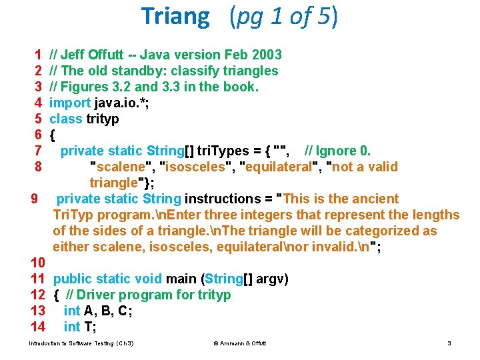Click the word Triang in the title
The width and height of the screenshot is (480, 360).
coord(175,17)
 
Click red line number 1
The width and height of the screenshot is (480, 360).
coord(38,55)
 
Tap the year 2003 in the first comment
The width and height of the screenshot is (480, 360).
coord(267,55)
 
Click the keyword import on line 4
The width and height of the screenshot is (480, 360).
coord(70,103)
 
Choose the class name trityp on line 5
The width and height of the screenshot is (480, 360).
coord(103,119)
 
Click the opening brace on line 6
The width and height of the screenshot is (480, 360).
coord(53,135)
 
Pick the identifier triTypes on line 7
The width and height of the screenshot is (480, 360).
coord(223,151)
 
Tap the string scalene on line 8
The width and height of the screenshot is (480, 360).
coord(121,167)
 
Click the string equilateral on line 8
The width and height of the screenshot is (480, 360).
coord(279,167)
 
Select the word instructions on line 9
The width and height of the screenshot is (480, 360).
coord(223,199)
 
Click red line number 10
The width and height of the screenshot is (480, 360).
coord(38,263)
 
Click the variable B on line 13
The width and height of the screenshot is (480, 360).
coord(105,311)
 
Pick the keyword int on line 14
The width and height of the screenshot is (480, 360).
coord(72,327)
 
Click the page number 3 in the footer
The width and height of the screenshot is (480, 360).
coord(449,343)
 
